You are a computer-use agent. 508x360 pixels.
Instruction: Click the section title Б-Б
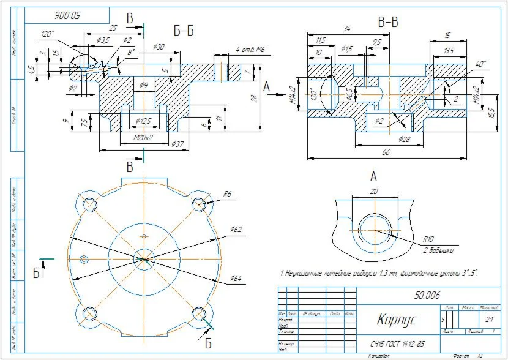coord(183,31)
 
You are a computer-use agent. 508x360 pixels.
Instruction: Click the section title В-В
coord(388,23)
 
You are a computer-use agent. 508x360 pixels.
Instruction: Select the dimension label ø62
coord(236,229)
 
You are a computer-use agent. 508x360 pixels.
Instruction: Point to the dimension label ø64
coord(236,279)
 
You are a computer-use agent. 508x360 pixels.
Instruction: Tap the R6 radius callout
coord(227,193)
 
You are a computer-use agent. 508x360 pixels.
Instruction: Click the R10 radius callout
coord(428,239)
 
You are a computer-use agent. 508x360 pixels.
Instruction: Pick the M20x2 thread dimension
coord(143,138)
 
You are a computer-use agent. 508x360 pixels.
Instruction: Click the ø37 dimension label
coord(177,144)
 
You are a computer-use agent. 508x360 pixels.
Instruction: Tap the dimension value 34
coord(348,28)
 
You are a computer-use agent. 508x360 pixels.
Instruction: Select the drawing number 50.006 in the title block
coord(427,295)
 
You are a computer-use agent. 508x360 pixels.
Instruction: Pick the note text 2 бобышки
coord(437,250)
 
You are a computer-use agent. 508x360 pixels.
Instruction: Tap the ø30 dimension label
coord(157,47)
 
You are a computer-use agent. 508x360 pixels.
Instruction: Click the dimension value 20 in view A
coord(374,191)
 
